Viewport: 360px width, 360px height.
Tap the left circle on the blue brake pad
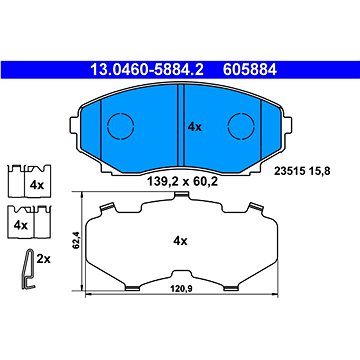pos(120,126)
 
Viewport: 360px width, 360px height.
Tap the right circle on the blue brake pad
pos(240,126)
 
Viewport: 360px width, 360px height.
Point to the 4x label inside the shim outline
pos(180,241)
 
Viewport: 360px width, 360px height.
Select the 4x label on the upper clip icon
pos(36,186)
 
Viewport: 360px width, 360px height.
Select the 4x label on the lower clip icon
pos(18,225)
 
